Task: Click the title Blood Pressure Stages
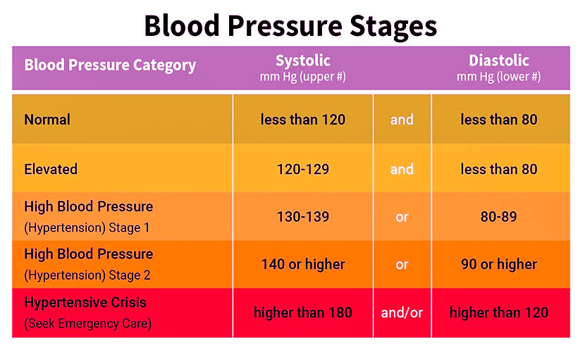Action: (x=290, y=26)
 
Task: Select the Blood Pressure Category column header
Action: (x=110, y=66)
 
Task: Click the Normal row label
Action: (x=47, y=120)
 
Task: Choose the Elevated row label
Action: (x=51, y=169)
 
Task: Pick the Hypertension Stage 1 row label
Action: (x=88, y=217)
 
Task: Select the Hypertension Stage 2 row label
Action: (x=88, y=264)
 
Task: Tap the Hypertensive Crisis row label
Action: (x=85, y=312)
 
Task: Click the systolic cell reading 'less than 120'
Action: (x=303, y=120)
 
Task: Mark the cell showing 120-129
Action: (x=303, y=169)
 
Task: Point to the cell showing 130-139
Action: (x=303, y=217)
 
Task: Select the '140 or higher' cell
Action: (x=303, y=265)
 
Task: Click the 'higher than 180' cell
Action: (x=303, y=312)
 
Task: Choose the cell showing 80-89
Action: (x=499, y=217)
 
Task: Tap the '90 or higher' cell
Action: (x=499, y=265)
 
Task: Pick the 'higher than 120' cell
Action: (x=499, y=312)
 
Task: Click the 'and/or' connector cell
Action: (x=402, y=312)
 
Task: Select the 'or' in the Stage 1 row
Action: (x=402, y=217)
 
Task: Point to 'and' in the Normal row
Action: (x=402, y=120)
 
